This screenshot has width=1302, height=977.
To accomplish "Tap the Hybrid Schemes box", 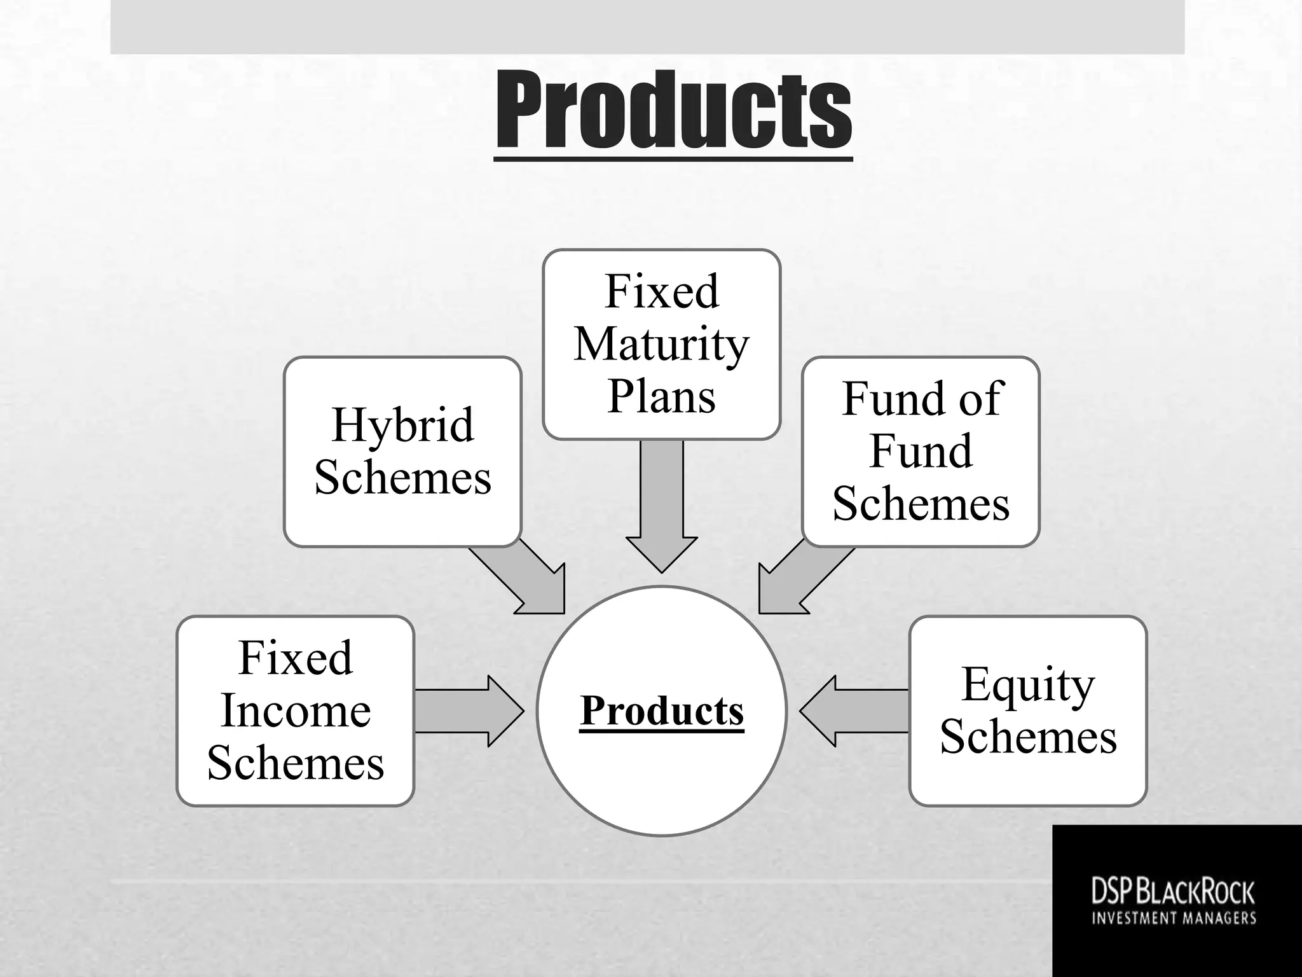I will coord(402,451).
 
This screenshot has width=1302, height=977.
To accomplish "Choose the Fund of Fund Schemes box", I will coord(921,451).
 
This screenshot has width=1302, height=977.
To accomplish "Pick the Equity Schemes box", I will coord(1027,710).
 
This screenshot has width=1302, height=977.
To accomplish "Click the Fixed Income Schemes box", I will coord(296,710).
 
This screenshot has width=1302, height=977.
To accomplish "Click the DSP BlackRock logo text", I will coord(1173,892).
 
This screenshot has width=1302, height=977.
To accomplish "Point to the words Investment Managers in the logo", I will coord(1174,918).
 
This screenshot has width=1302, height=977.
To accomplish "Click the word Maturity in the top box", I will coord(661,345).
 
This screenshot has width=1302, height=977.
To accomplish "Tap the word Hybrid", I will coord(402,425).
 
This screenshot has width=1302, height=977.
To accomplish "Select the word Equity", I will coord(1027,685).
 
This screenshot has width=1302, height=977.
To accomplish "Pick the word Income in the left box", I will coord(296,710).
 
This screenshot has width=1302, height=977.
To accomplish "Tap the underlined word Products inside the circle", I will coord(661,710).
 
